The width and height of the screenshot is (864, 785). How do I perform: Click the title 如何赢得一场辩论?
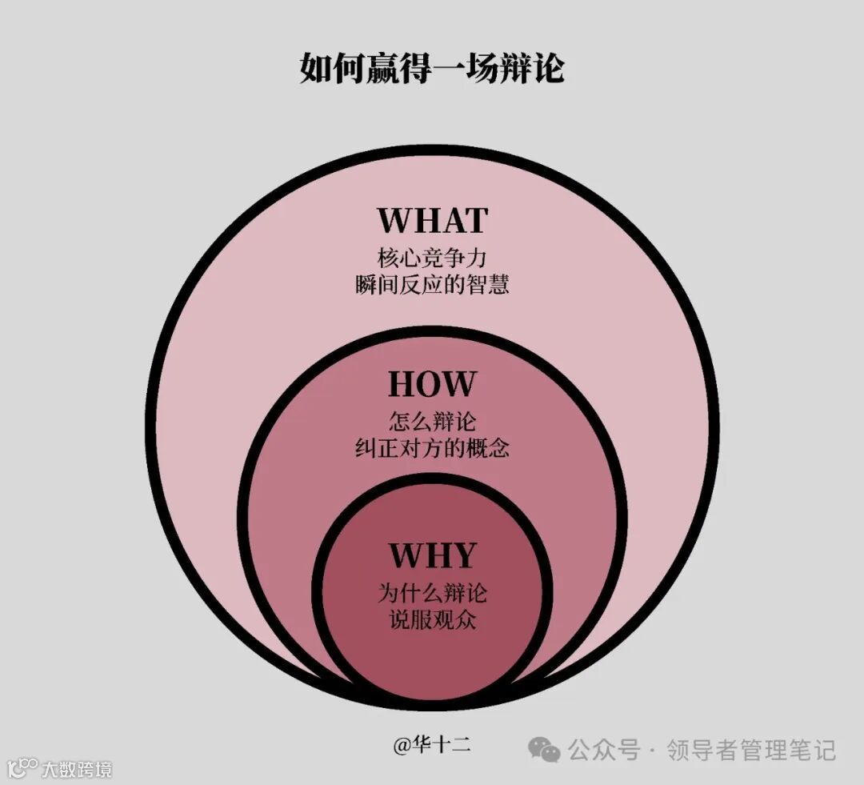pos(432,67)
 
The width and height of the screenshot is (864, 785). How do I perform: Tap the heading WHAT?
pos(432,220)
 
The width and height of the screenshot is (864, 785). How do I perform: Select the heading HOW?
pos(432,384)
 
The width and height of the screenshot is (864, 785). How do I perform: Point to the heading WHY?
pos(432,555)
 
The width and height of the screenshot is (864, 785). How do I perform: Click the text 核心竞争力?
pos(432,258)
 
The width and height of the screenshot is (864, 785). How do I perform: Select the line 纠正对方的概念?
pos(432,447)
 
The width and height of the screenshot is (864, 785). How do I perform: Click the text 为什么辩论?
pos(432,593)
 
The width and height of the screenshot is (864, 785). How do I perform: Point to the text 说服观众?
pos(432,619)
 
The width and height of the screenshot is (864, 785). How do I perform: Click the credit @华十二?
pos(431,746)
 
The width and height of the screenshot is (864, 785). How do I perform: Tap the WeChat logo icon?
pos(545,751)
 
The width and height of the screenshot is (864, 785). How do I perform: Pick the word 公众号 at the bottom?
pos(604,751)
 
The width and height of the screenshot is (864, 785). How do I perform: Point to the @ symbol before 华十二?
pos(401,747)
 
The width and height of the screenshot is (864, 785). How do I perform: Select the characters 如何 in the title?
pos(326,67)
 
